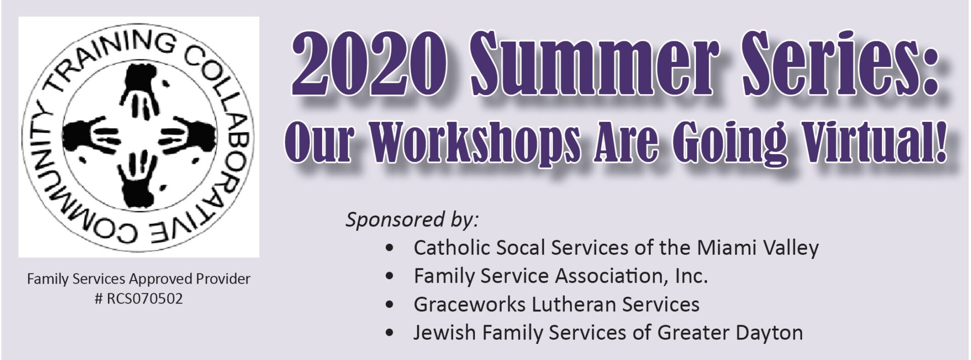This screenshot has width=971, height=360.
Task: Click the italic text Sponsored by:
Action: (412, 220)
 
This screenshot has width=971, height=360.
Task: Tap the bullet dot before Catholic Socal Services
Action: (389, 248)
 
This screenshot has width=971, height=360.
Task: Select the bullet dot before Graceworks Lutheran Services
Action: (389, 305)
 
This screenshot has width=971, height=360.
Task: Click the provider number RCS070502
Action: (145, 299)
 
